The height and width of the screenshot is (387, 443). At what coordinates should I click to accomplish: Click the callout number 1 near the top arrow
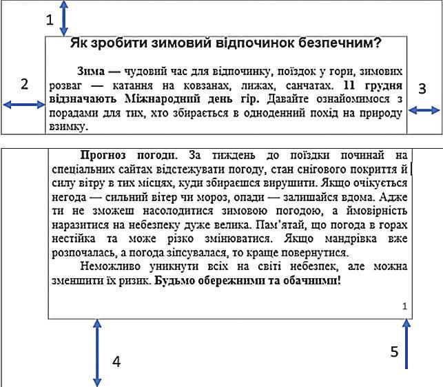(x=50, y=21)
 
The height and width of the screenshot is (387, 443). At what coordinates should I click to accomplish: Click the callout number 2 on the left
(x=25, y=85)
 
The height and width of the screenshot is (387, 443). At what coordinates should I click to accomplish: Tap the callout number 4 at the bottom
(x=116, y=361)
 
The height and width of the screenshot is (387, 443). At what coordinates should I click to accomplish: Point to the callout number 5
(x=394, y=351)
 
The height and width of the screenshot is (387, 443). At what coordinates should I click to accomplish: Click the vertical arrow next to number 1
(x=64, y=18)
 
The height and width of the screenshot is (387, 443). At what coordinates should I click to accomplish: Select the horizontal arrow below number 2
(x=23, y=105)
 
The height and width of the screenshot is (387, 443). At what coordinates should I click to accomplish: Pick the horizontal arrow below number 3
(x=424, y=110)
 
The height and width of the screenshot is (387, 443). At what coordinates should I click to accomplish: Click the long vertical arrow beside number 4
(x=96, y=353)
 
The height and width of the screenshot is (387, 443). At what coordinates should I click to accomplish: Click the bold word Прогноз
(x=104, y=156)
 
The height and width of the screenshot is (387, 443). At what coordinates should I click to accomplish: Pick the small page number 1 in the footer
(x=404, y=306)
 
